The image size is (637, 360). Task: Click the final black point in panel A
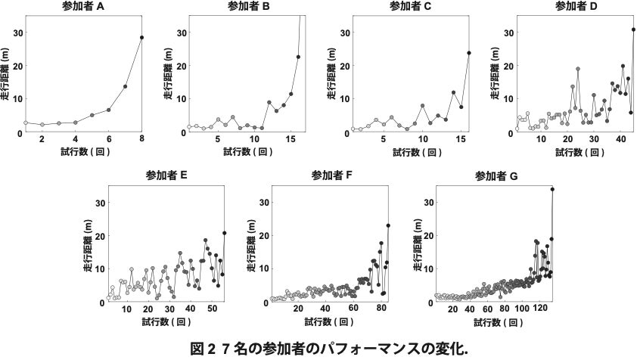pyautogui.click(x=141, y=37)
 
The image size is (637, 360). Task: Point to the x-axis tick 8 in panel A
pyautogui.click(x=141, y=141)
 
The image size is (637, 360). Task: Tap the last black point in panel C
pyautogui.click(x=469, y=53)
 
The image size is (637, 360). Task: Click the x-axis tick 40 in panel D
pyautogui.click(x=620, y=141)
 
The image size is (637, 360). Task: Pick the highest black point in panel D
pyautogui.click(x=633, y=29)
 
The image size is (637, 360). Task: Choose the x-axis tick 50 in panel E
pyautogui.click(x=211, y=311)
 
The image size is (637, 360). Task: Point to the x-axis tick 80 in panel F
pyautogui.click(x=381, y=311)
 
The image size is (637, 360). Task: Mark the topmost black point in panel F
pyautogui.click(x=388, y=225)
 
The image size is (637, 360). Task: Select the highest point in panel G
pyautogui.click(x=552, y=190)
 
